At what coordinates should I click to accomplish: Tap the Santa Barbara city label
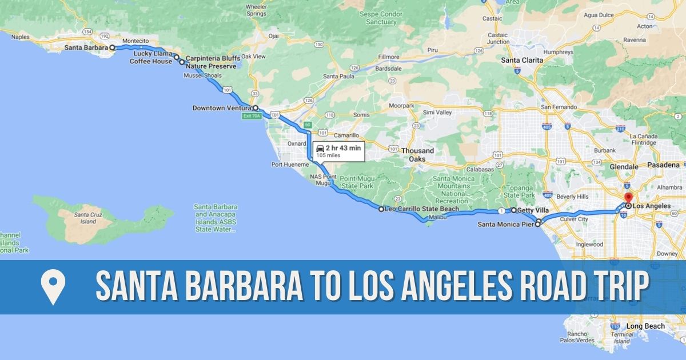[86, 48]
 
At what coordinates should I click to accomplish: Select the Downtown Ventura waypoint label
[222, 108]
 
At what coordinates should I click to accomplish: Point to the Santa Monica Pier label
[505, 225]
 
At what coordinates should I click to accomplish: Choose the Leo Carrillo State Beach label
[422, 209]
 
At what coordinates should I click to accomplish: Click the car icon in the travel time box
[320, 149]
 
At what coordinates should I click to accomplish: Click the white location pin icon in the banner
[53, 287]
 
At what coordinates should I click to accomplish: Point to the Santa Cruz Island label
[85, 218]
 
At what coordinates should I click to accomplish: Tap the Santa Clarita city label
[522, 60]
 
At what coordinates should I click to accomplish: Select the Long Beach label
[645, 326]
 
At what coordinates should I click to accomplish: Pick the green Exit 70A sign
[252, 116]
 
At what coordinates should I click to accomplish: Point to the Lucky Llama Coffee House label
[151, 57]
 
